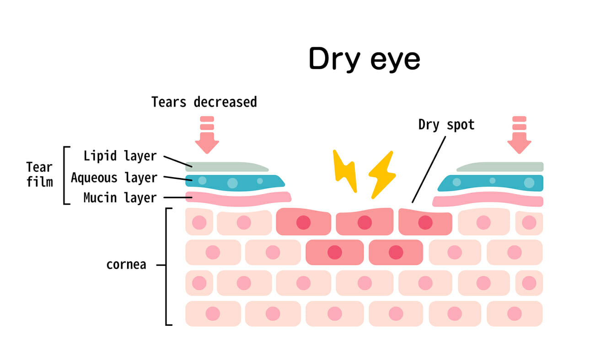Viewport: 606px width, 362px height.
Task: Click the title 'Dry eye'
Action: point(364,59)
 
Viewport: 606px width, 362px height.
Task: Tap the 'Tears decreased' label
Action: point(204,102)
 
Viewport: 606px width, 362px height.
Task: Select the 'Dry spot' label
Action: point(446,125)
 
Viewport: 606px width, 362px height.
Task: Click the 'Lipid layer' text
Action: point(120,156)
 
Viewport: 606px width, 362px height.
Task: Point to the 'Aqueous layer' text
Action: point(114,178)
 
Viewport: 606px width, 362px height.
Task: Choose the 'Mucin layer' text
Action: point(120,198)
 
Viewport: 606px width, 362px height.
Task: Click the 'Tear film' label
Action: point(39,174)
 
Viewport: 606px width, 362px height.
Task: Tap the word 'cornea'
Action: point(126,265)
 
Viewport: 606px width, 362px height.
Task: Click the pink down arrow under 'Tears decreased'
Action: point(207,135)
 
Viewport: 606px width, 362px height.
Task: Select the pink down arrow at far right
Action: point(519,135)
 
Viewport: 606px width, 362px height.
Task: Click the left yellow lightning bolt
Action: point(345,171)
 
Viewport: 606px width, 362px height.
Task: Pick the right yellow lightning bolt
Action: point(382,175)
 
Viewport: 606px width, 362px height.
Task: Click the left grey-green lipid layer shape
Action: point(227,167)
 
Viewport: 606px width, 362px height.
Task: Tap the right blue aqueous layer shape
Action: point(490,183)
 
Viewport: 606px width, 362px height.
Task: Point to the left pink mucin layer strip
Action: point(238,199)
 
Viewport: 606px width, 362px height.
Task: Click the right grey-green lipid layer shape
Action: point(500,167)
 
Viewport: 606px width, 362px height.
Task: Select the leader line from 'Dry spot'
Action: point(429,169)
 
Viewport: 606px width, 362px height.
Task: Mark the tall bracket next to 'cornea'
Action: point(166,267)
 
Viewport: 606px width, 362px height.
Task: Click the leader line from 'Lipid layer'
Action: point(178,162)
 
